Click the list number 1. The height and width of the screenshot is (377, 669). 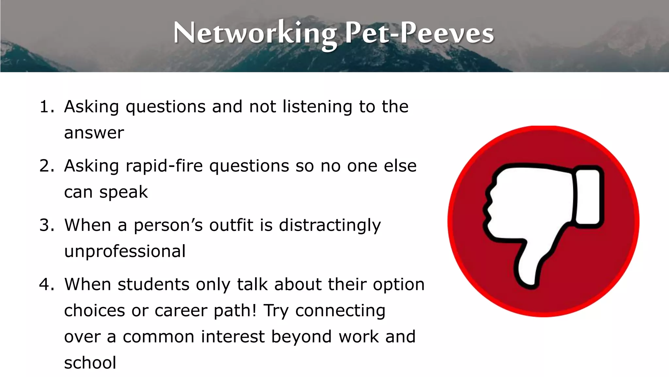46,107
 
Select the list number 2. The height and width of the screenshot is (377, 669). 46,166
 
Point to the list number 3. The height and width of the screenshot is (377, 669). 46,225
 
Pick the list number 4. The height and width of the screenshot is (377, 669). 46,284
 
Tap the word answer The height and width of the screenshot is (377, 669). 94,133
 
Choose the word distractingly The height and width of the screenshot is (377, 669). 330,225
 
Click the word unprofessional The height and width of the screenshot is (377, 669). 125,252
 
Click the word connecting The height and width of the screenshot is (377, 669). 340,311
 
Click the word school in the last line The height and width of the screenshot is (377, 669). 90,363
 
